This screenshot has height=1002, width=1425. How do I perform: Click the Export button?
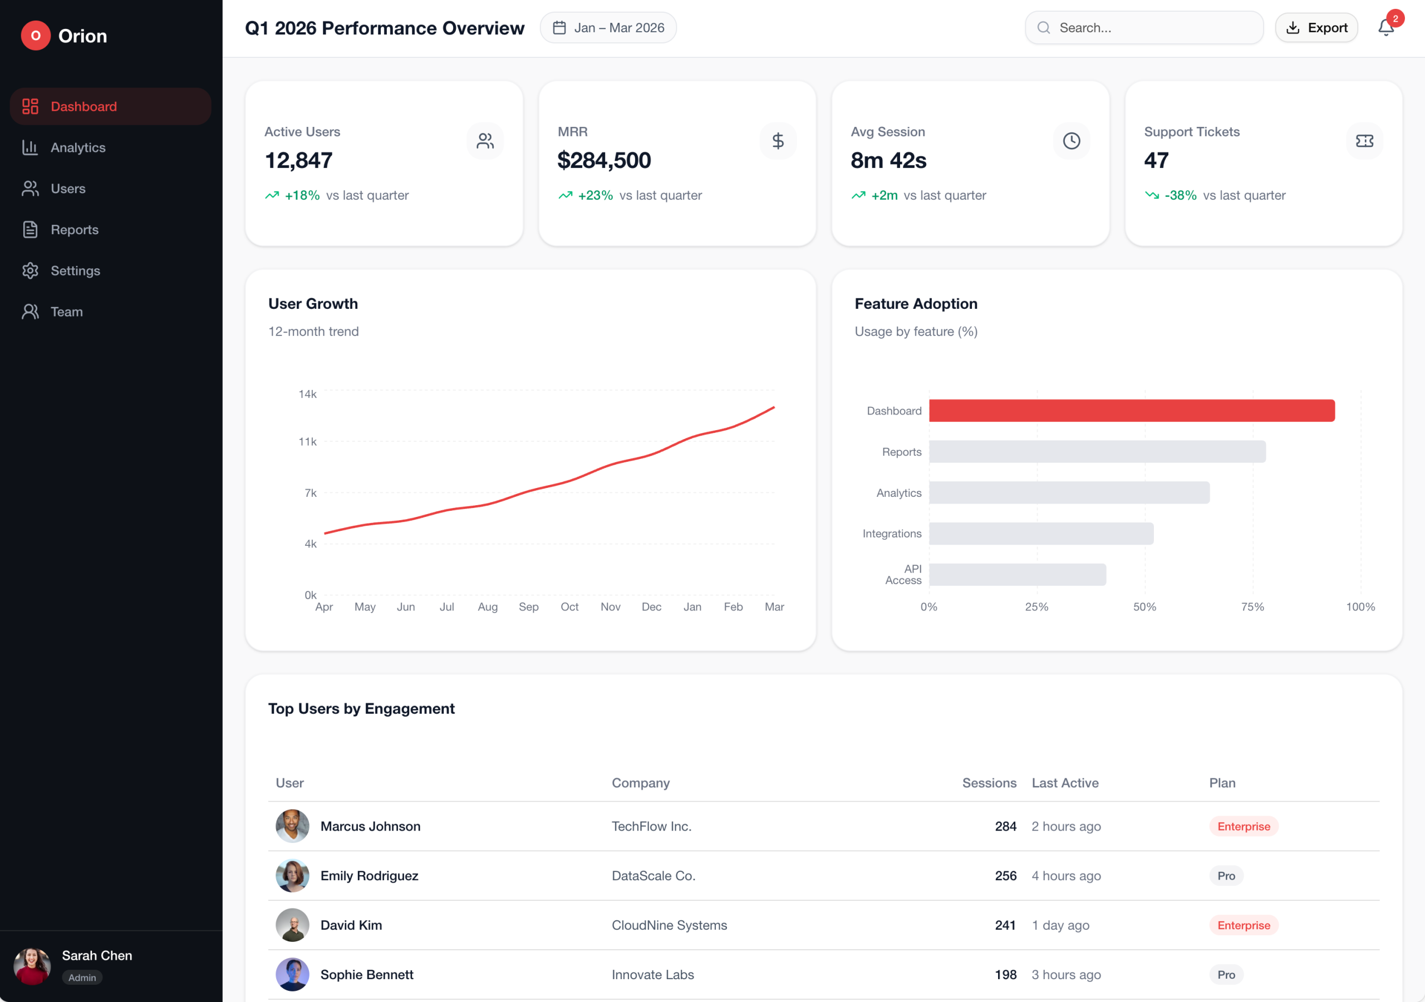[1316, 28]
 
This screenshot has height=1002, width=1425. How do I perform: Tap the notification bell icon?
[1385, 28]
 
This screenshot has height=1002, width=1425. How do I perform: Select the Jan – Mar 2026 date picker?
[608, 28]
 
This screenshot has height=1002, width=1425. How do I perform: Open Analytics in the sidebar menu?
[77, 147]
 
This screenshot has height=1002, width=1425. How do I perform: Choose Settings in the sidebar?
[75, 270]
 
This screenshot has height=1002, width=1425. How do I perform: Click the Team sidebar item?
[66, 312]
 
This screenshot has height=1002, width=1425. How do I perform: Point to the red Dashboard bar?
[1132, 411]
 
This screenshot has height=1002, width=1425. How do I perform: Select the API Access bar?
[1017, 575]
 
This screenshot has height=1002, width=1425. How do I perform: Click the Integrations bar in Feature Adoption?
[1041, 534]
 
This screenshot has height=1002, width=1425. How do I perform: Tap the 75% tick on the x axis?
[1252, 607]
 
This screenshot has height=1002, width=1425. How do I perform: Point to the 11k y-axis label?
[307, 442]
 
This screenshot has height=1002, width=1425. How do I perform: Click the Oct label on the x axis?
[569, 607]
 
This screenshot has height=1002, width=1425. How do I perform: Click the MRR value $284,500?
[604, 161]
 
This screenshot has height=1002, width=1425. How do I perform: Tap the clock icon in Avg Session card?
[1071, 141]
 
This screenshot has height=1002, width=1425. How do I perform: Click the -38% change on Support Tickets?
[1180, 195]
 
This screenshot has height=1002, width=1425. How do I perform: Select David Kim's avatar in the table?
[292, 925]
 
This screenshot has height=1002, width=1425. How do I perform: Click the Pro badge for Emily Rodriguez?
[1226, 876]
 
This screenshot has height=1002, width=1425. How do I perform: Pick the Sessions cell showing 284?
[1005, 826]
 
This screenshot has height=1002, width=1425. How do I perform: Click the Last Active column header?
[1065, 783]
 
